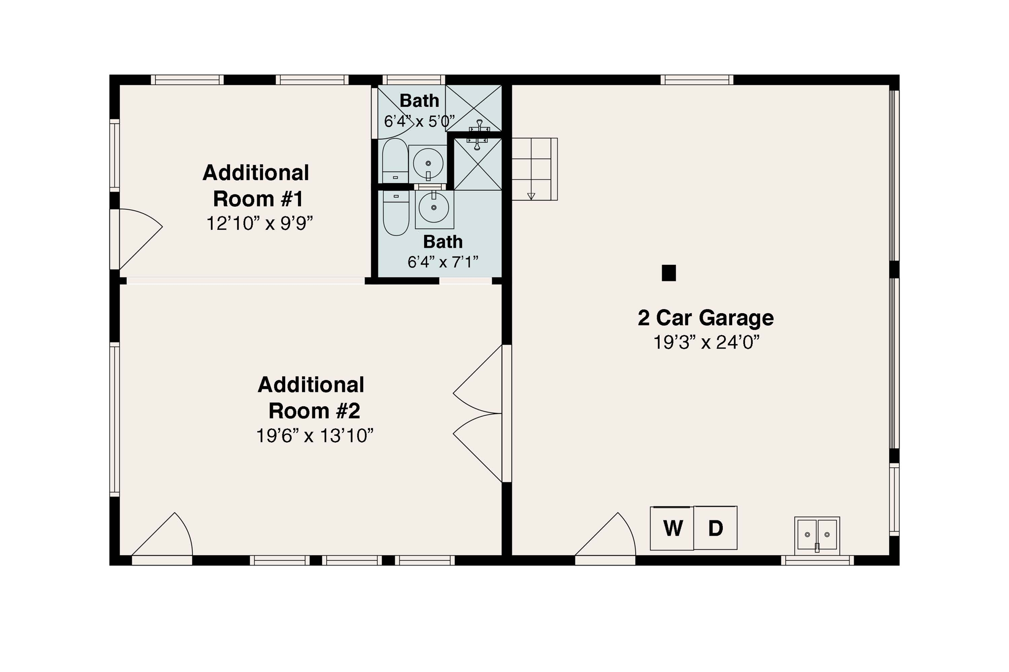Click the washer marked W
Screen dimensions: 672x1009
tap(672, 528)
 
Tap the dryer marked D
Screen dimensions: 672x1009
tap(715, 528)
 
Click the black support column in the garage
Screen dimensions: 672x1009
tap(669, 273)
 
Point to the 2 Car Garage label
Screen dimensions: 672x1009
tap(706, 318)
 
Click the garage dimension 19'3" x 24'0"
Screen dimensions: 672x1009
tap(706, 342)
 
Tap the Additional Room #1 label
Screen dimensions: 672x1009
tap(256, 186)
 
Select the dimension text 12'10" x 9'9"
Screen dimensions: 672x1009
tap(259, 224)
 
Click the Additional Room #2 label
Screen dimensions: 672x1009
tap(311, 398)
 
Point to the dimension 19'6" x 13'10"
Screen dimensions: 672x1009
tap(314, 436)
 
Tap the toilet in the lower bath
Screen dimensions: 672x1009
tap(396, 213)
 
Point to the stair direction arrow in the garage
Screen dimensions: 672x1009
tap(531, 196)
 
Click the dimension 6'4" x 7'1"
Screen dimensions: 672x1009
tap(442, 262)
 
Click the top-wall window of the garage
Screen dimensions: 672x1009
tap(697, 80)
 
